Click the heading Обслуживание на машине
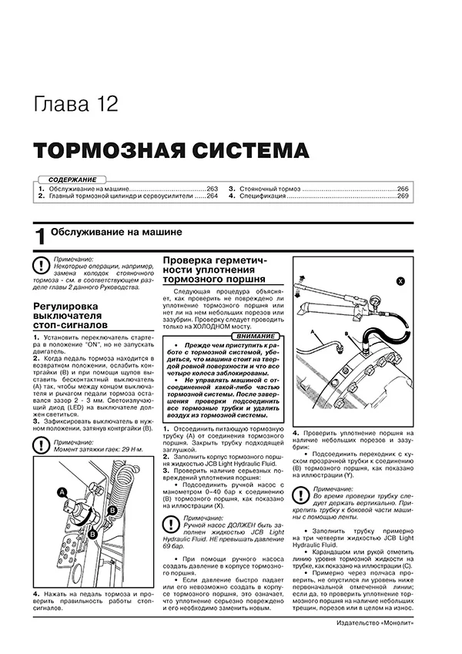115,231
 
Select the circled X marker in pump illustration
400,282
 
